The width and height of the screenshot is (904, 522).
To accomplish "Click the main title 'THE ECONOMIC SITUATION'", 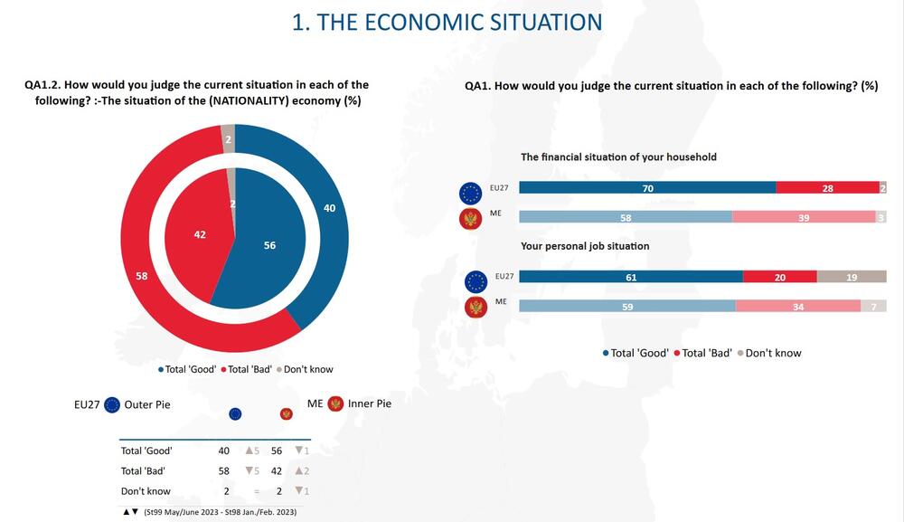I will point(447,22).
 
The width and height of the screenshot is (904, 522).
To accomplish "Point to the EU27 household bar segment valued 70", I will point(647,188).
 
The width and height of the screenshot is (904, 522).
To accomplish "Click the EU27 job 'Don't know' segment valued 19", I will point(852,277).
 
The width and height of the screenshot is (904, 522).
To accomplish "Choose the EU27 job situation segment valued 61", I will point(631,277).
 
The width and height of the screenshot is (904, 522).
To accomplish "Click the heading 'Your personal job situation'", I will point(585,246).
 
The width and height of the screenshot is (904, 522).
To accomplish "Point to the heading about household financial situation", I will point(618,157).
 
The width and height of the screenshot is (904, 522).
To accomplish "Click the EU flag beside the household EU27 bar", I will point(470,192).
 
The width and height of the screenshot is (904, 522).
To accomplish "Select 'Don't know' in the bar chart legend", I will point(773,353).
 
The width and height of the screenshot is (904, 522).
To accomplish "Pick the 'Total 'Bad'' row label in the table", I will point(143,471).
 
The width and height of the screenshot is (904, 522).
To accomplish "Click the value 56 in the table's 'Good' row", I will point(278,451).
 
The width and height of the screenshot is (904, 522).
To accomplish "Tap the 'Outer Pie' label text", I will point(148,404).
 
